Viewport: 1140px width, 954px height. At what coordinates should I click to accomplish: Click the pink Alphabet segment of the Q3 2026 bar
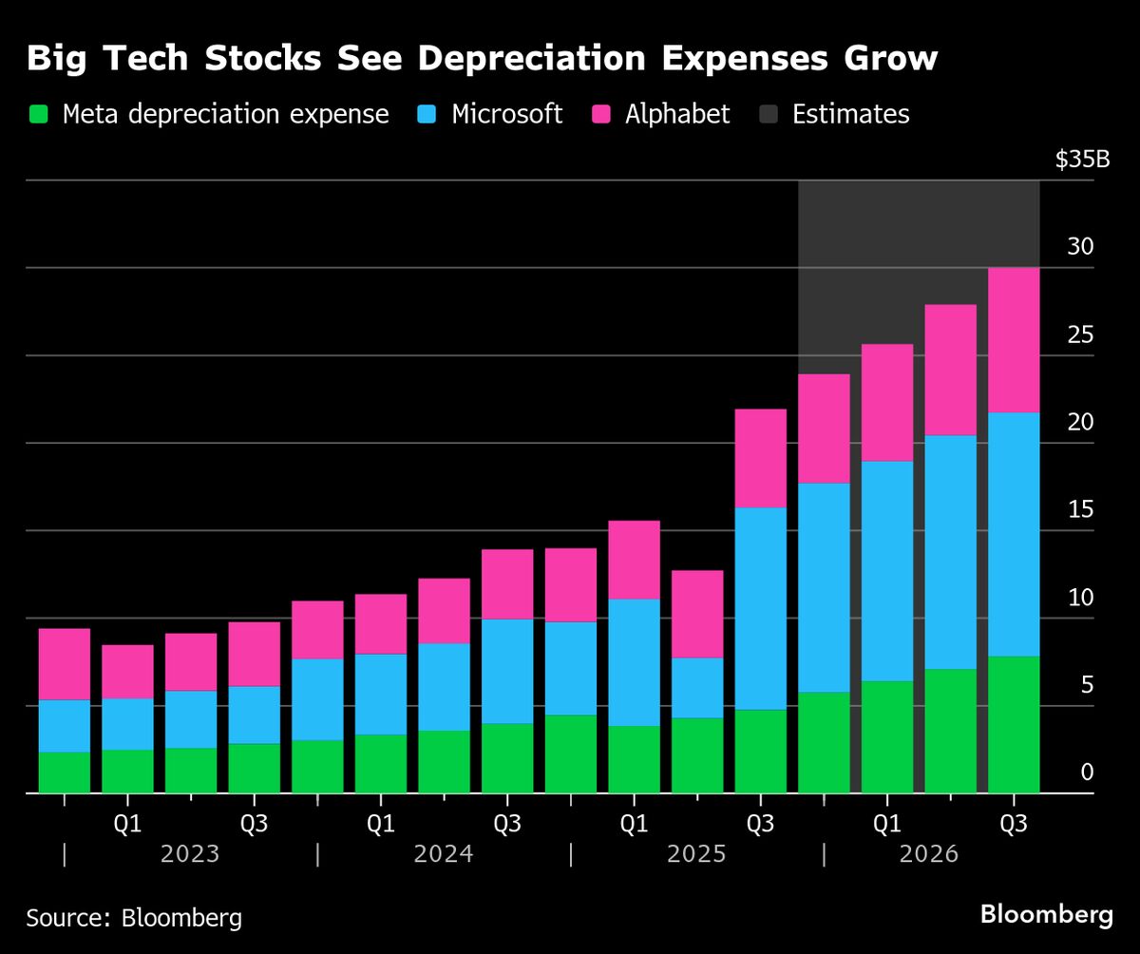(x=1014, y=339)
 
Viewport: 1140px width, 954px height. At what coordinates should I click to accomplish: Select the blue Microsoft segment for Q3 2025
(x=760, y=608)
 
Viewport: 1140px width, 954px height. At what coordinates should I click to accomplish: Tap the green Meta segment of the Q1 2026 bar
(x=887, y=736)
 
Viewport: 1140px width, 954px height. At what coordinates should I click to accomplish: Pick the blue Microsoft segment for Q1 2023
(x=127, y=724)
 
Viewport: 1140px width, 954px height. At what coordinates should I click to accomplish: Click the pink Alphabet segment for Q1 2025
(x=634, y=560)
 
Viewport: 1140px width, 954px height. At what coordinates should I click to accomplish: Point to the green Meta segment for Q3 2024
(x=507, y=757)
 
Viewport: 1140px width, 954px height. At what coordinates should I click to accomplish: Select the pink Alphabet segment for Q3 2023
(x=254, y=654)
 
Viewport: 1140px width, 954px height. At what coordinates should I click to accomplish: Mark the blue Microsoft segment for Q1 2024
(x=380, y=694)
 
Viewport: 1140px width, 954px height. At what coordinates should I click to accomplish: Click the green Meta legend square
(x=38, y=115)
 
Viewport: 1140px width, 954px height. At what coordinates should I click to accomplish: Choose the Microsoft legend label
(x=506, y=115)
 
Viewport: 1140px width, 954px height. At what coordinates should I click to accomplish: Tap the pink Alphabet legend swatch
(x=601, y=115)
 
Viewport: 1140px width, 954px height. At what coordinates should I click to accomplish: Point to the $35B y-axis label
(x=1082, y=159)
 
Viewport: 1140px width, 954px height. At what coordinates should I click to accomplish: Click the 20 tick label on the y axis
(x=1080, y=422)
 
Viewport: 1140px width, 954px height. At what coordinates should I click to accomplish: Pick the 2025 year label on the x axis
(x=696, y=853)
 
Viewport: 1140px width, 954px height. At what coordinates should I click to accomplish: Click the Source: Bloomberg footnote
(x=134, y=918)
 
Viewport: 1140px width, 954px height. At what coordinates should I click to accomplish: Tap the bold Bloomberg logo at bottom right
(x=1046, y=915)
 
